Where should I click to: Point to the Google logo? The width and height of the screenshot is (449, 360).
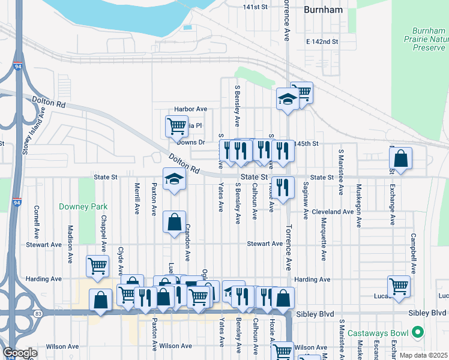click(x=20, y=353)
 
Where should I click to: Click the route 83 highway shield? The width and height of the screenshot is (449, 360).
click(x=38, y=313)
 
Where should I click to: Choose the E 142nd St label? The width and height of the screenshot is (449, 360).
click(x=322, y=42)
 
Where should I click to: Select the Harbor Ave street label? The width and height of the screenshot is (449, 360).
click(x=190, y=109)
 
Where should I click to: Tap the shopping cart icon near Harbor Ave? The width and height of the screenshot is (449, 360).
click(x=176, y=125)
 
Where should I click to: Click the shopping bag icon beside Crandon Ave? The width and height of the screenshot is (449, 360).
click(x=173, y=222)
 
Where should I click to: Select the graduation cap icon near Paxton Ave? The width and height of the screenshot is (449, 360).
click(x=174, y=179)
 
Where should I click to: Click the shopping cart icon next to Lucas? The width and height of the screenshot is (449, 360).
click(x=399, y=286)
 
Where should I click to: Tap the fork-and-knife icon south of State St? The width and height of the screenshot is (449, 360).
click(x=282, y=187)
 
